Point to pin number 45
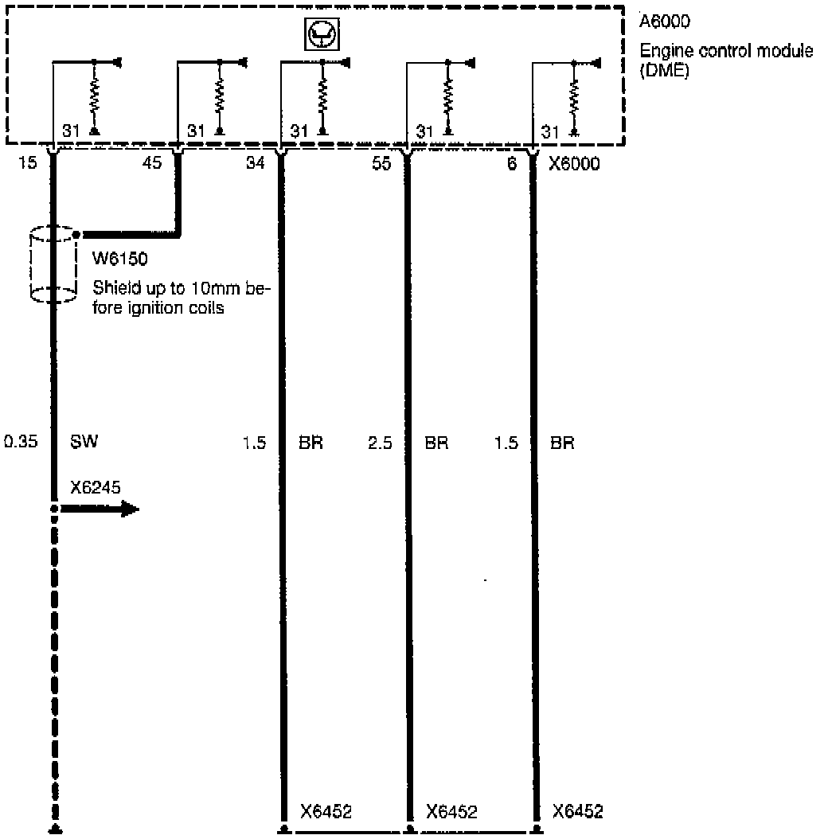[x=152, y=164]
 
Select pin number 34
[x=256, y=164]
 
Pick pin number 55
[x=381, y=164]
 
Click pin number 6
[x=512, y=164]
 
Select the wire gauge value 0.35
[x=21, y=443]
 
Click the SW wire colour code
[x=84, y=443]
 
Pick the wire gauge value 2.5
[x=381, y=443]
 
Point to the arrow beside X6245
[x=100, y=509]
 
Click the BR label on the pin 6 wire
[x=562, y=443]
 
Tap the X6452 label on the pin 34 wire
[x=326, y=812]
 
